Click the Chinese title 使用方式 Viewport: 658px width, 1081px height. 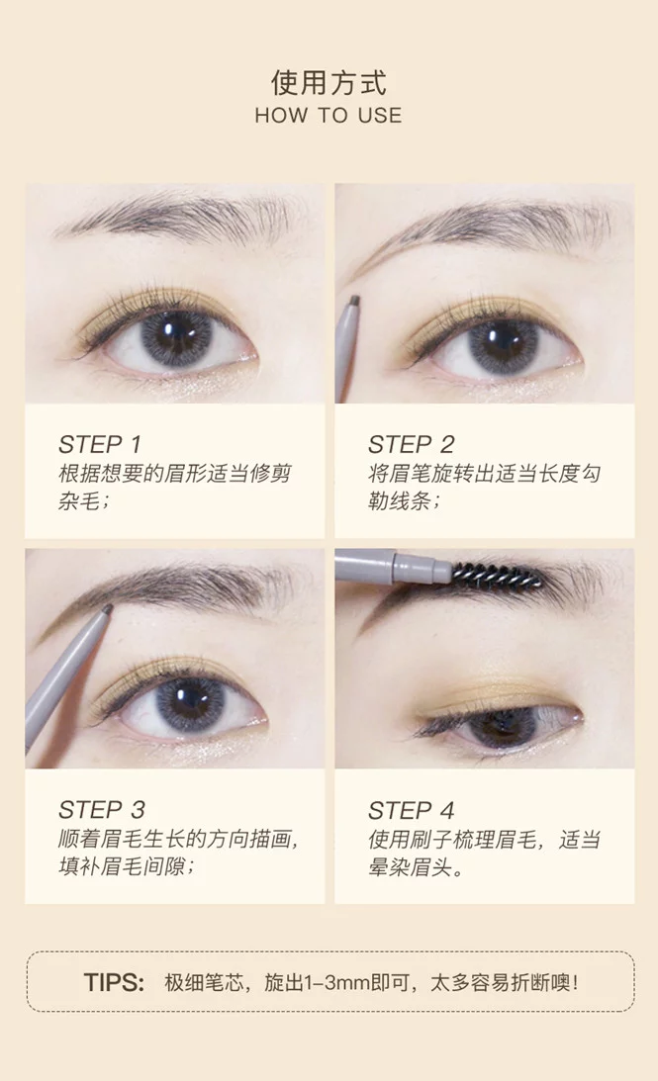(x=329, y=83)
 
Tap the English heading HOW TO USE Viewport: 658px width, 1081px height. (x=329, y=115)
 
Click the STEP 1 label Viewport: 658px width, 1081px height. (x=99, y=445)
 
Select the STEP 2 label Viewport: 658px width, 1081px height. (x=411, y=445)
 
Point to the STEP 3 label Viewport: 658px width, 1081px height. (x=101, y=809)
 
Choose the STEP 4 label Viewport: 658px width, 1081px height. (x=411, y=810)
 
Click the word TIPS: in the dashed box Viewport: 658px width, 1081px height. (x=114, y=982)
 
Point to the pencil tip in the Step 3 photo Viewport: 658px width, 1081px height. (x=106, y=609)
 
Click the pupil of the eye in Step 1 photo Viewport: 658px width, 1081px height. (x=172, y=334)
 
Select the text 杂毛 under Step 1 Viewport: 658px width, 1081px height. (x=79, y=500)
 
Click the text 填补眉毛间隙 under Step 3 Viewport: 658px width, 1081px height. (x=122, y=866)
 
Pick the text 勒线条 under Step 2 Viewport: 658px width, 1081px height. (x=400, y=500)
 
